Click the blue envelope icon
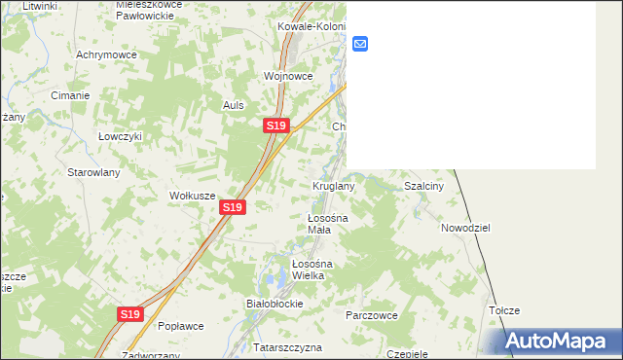(x=359, y=44)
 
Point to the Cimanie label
(x=70, y=95)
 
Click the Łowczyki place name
(x=120, y=137)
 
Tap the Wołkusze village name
(x=192, y=196)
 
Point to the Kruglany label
(x=333, y=185)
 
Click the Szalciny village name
(x=423, y=185)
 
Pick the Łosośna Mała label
(x=320, y=224)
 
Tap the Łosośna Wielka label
(x=313, y=270)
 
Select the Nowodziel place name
(x=464, y=227)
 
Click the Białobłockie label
(x=275, y=304)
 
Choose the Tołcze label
(x=504, y=310)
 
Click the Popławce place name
(x=179, y=326)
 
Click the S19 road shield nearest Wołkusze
(x=232, y=207)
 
